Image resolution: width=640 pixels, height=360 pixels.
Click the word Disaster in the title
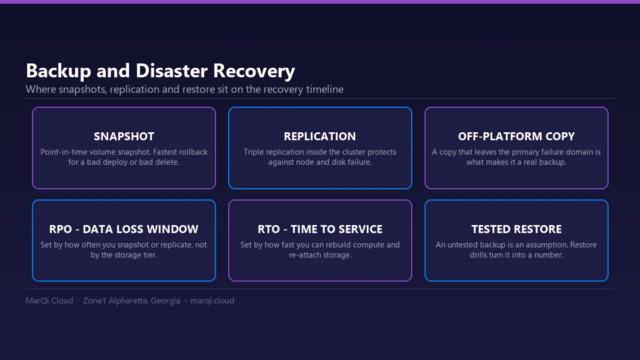pyautogui.click(x=171, y=70)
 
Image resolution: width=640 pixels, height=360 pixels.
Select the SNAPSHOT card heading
pyautogui.click(x=124, y=137)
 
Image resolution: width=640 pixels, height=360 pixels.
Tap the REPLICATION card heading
pyautogui.click(x=320, y=137)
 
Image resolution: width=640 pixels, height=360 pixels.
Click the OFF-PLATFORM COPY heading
pyautogui.click(x=516, y=137)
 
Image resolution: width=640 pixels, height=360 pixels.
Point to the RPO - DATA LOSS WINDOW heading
pyautogui.click(x=124, y=229)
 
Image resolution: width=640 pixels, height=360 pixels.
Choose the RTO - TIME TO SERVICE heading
pyautogui.click(x=320, y=229)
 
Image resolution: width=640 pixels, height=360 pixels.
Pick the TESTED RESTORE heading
pyautogui.click(x=516, y=229)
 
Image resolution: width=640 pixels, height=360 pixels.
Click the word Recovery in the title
pyautogui.click(x=254, y=71)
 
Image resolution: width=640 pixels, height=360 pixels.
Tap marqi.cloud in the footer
pyautogui.click(x=212, y=301)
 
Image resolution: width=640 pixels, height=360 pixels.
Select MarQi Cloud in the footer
pyautogui.click(x=50, y=301)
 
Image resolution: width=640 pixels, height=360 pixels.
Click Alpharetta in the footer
pyautogui.click(x=129, y=301)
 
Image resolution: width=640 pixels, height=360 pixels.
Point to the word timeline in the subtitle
pyautogui.click(x=325, y=90)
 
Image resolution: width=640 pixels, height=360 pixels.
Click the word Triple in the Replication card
pyautogui.click(x=252, y=153)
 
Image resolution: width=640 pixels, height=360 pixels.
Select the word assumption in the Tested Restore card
pyautogui.click(x=547, y=245)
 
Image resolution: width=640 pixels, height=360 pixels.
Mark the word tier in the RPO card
pyautogui.click(x=150, y=255)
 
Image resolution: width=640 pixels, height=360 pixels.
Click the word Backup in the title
pyautogui.click(x=59, y=71)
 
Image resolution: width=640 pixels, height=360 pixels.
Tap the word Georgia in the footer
pyautogui.click(x=165, y=301)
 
